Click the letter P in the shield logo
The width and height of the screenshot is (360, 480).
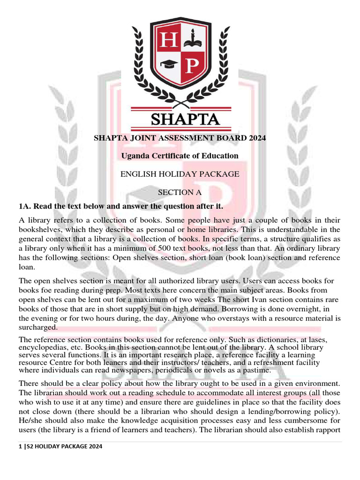click(192, 66)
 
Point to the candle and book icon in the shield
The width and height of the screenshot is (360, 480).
click(192, 40)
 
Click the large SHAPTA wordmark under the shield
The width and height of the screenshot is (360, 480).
click(185, 119)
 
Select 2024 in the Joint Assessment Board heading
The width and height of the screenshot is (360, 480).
click(257, 138)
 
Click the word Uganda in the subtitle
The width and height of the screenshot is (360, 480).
click(135, 156)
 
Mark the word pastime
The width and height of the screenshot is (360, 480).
click(256, 370)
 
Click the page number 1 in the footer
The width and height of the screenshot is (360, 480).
click(20, 447)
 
